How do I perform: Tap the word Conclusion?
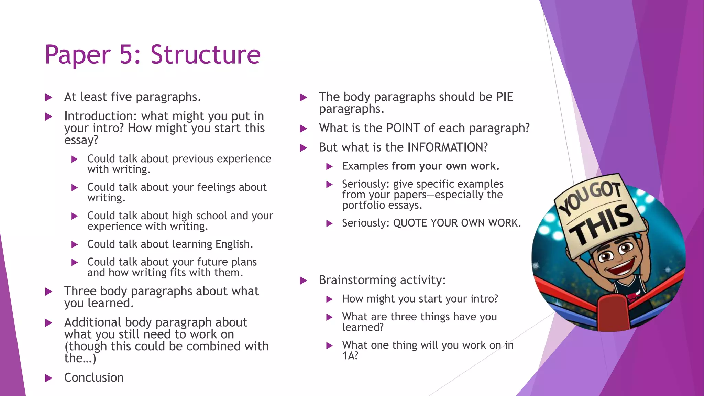point(94,377)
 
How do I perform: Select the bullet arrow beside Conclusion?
point(49,378)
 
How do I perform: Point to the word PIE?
point(504,97)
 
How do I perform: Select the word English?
point(234,244)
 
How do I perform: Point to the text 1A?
point(350,356)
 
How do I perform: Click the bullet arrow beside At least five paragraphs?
point(49,98)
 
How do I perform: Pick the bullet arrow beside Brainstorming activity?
point(304,281)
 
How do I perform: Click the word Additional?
point(93,322)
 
